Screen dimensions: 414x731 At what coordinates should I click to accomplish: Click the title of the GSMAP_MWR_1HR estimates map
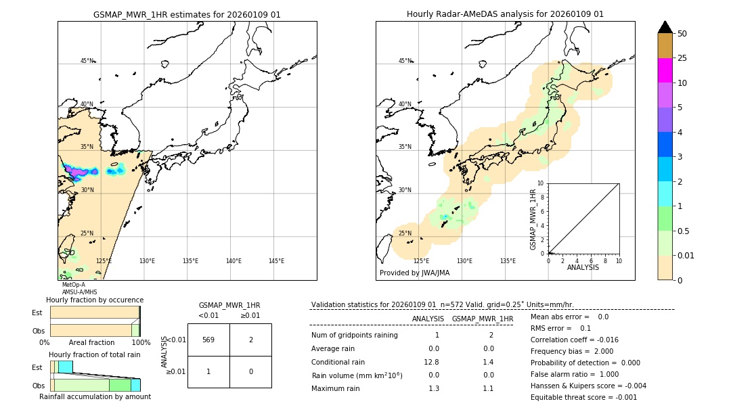click(187, 14)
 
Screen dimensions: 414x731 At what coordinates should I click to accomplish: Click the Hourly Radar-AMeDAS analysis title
click(505, 14)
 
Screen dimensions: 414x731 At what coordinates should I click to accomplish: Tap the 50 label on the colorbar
click(682, 34)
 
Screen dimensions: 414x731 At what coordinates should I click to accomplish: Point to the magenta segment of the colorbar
click(665, 70)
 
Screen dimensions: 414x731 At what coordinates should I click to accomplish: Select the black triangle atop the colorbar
click(665, 27)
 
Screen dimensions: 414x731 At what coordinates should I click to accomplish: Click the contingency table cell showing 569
click(208, 340)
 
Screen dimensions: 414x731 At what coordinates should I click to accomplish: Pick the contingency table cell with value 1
click(208, 371)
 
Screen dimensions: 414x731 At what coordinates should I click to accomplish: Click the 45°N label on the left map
click(87, 61)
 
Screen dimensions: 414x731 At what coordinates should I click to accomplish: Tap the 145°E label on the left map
click(276, 261)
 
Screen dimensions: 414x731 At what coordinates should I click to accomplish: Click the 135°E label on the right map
click(508, 261)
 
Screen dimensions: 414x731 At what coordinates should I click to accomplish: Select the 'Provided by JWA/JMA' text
click(414, 273)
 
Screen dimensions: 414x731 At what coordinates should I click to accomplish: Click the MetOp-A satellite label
click(73, 285)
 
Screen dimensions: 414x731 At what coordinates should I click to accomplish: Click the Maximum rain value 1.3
click(434, 388)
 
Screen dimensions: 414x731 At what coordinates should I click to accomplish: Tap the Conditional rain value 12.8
click(434, 362)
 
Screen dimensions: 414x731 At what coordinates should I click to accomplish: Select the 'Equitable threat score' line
click(583, 397)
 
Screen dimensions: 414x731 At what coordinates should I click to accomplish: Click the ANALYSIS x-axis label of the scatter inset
click(583, 267)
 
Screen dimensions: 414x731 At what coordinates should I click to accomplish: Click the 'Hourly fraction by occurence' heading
click(95, 300)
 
